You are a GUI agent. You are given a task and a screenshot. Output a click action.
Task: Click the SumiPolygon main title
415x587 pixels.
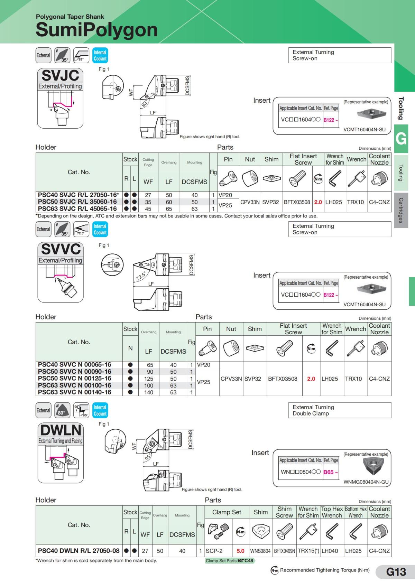tap(96, 30)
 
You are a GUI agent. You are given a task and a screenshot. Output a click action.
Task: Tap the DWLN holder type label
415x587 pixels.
tap(61, 430)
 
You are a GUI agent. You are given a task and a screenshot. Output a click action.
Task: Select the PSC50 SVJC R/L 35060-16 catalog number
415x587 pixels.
tap(77, 202)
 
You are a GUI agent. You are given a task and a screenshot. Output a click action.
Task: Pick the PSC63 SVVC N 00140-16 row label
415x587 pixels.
tap(74, 392)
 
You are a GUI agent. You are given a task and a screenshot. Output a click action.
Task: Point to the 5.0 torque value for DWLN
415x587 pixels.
tap(240, 551)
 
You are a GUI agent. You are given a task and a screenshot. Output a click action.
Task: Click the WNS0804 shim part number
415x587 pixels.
tap(260, 551)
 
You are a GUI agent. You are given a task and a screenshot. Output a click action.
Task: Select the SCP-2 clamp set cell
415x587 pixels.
tap(214, 551)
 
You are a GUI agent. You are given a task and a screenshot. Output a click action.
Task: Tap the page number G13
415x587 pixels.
tap(396, 572)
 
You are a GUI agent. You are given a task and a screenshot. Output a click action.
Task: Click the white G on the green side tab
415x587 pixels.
tap(401, 139)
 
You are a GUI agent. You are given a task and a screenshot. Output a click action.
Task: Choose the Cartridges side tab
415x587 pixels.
tap(401, 210)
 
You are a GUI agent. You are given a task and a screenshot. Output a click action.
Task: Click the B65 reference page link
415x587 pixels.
tap(330, 472)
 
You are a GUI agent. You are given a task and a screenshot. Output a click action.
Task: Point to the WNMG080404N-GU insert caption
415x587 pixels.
tap(366, 482)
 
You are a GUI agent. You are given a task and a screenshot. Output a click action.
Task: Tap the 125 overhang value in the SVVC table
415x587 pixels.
tap(148, 379)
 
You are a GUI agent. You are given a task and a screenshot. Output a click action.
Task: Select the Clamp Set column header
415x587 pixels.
tap(227, 512)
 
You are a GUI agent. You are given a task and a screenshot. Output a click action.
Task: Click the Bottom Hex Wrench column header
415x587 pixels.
tap(356, 512)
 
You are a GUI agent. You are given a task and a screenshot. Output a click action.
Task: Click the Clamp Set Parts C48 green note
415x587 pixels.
tap(229, 560)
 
